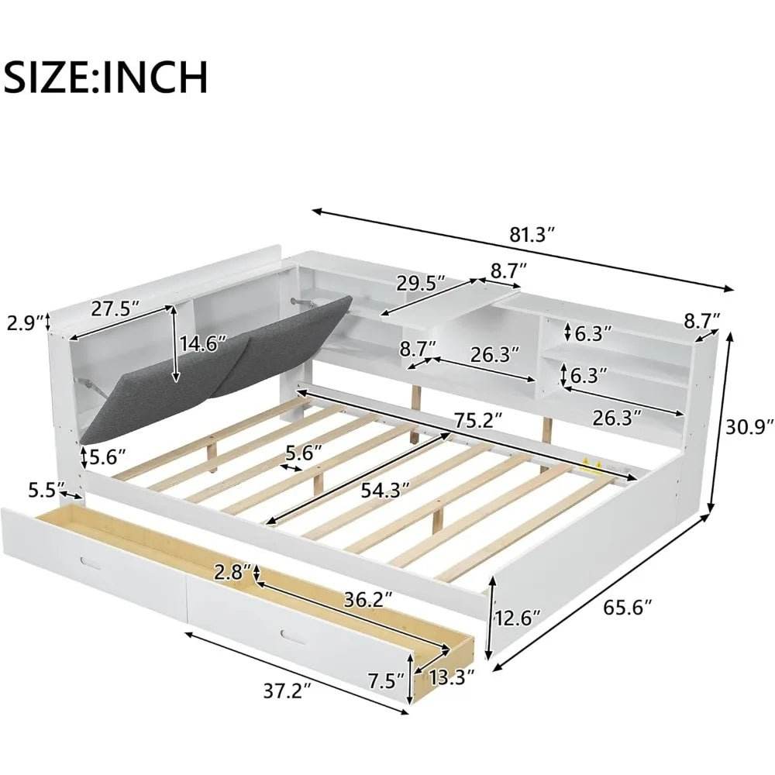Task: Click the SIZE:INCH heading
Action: click(x=107, y=77)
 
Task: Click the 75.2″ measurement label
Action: click(x=475, y=419)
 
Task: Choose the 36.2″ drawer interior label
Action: click(x=365, y=599)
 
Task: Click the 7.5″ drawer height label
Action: click(x=386, y=682)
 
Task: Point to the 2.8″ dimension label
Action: click(x=233, y=573)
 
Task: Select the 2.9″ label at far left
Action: click(x=22, y=321)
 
